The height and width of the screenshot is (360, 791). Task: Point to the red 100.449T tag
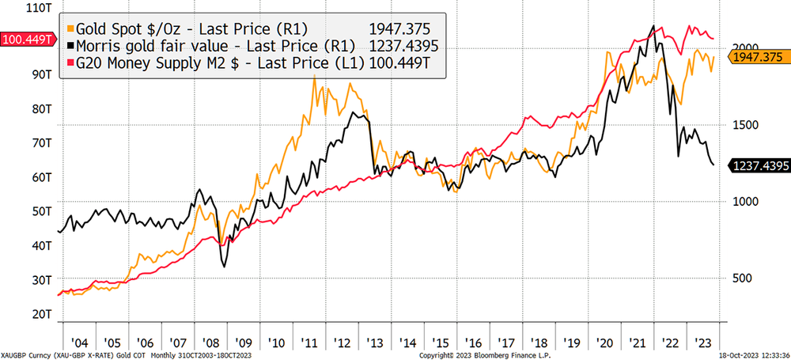pyautogui.click(x=28, y=38)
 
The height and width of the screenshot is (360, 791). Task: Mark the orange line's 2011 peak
pyautogui.click(x=314, y=77)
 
